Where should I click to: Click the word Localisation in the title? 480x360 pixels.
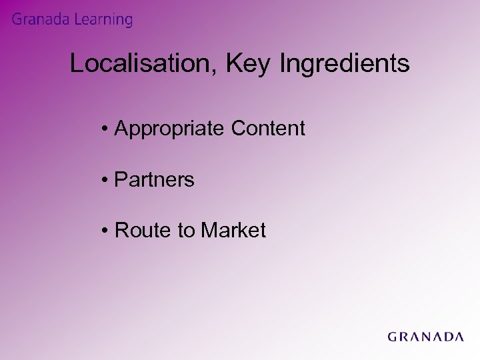coord(141,64)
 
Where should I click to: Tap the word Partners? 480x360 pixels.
coord(155,179)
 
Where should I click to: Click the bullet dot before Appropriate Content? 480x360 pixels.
coord(107,129)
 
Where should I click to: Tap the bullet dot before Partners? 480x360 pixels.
coord(107,180)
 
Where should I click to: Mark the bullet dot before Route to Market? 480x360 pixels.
coord(107,231)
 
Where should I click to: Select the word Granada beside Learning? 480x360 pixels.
coord(39,20)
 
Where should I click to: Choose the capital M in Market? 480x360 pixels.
coord(208,231)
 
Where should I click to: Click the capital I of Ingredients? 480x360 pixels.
coord(286,64)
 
